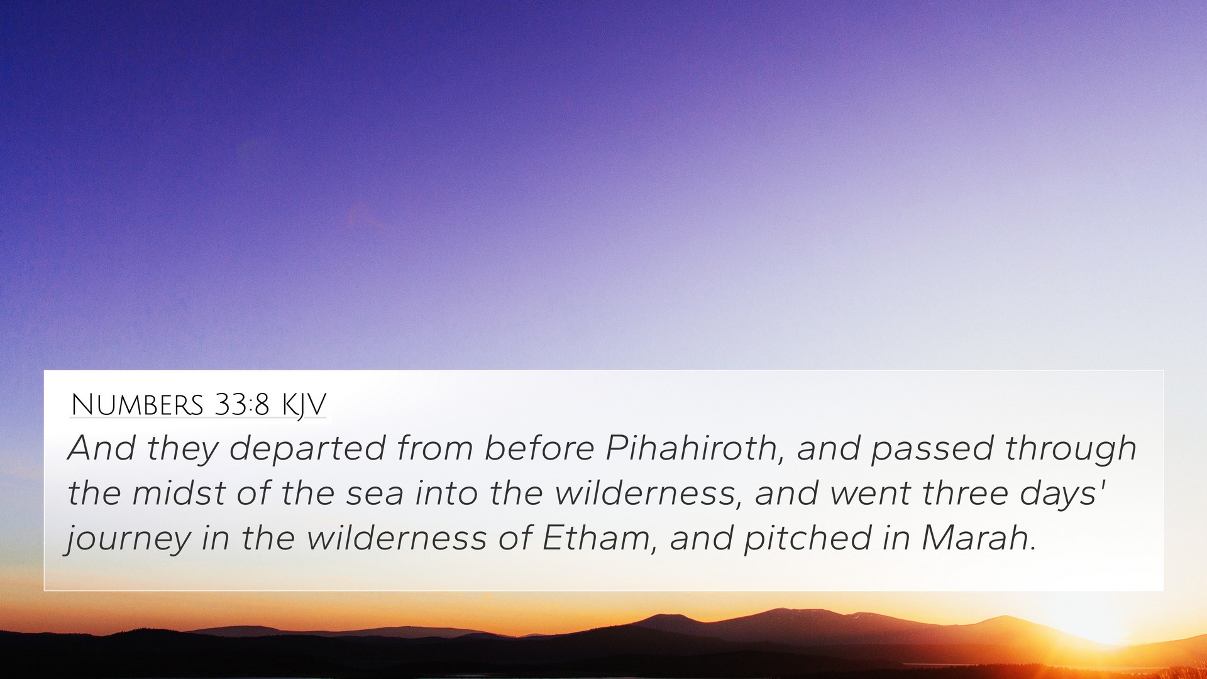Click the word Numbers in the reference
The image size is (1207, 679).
136,404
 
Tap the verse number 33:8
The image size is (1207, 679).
242,404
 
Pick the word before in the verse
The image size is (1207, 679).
539,448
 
